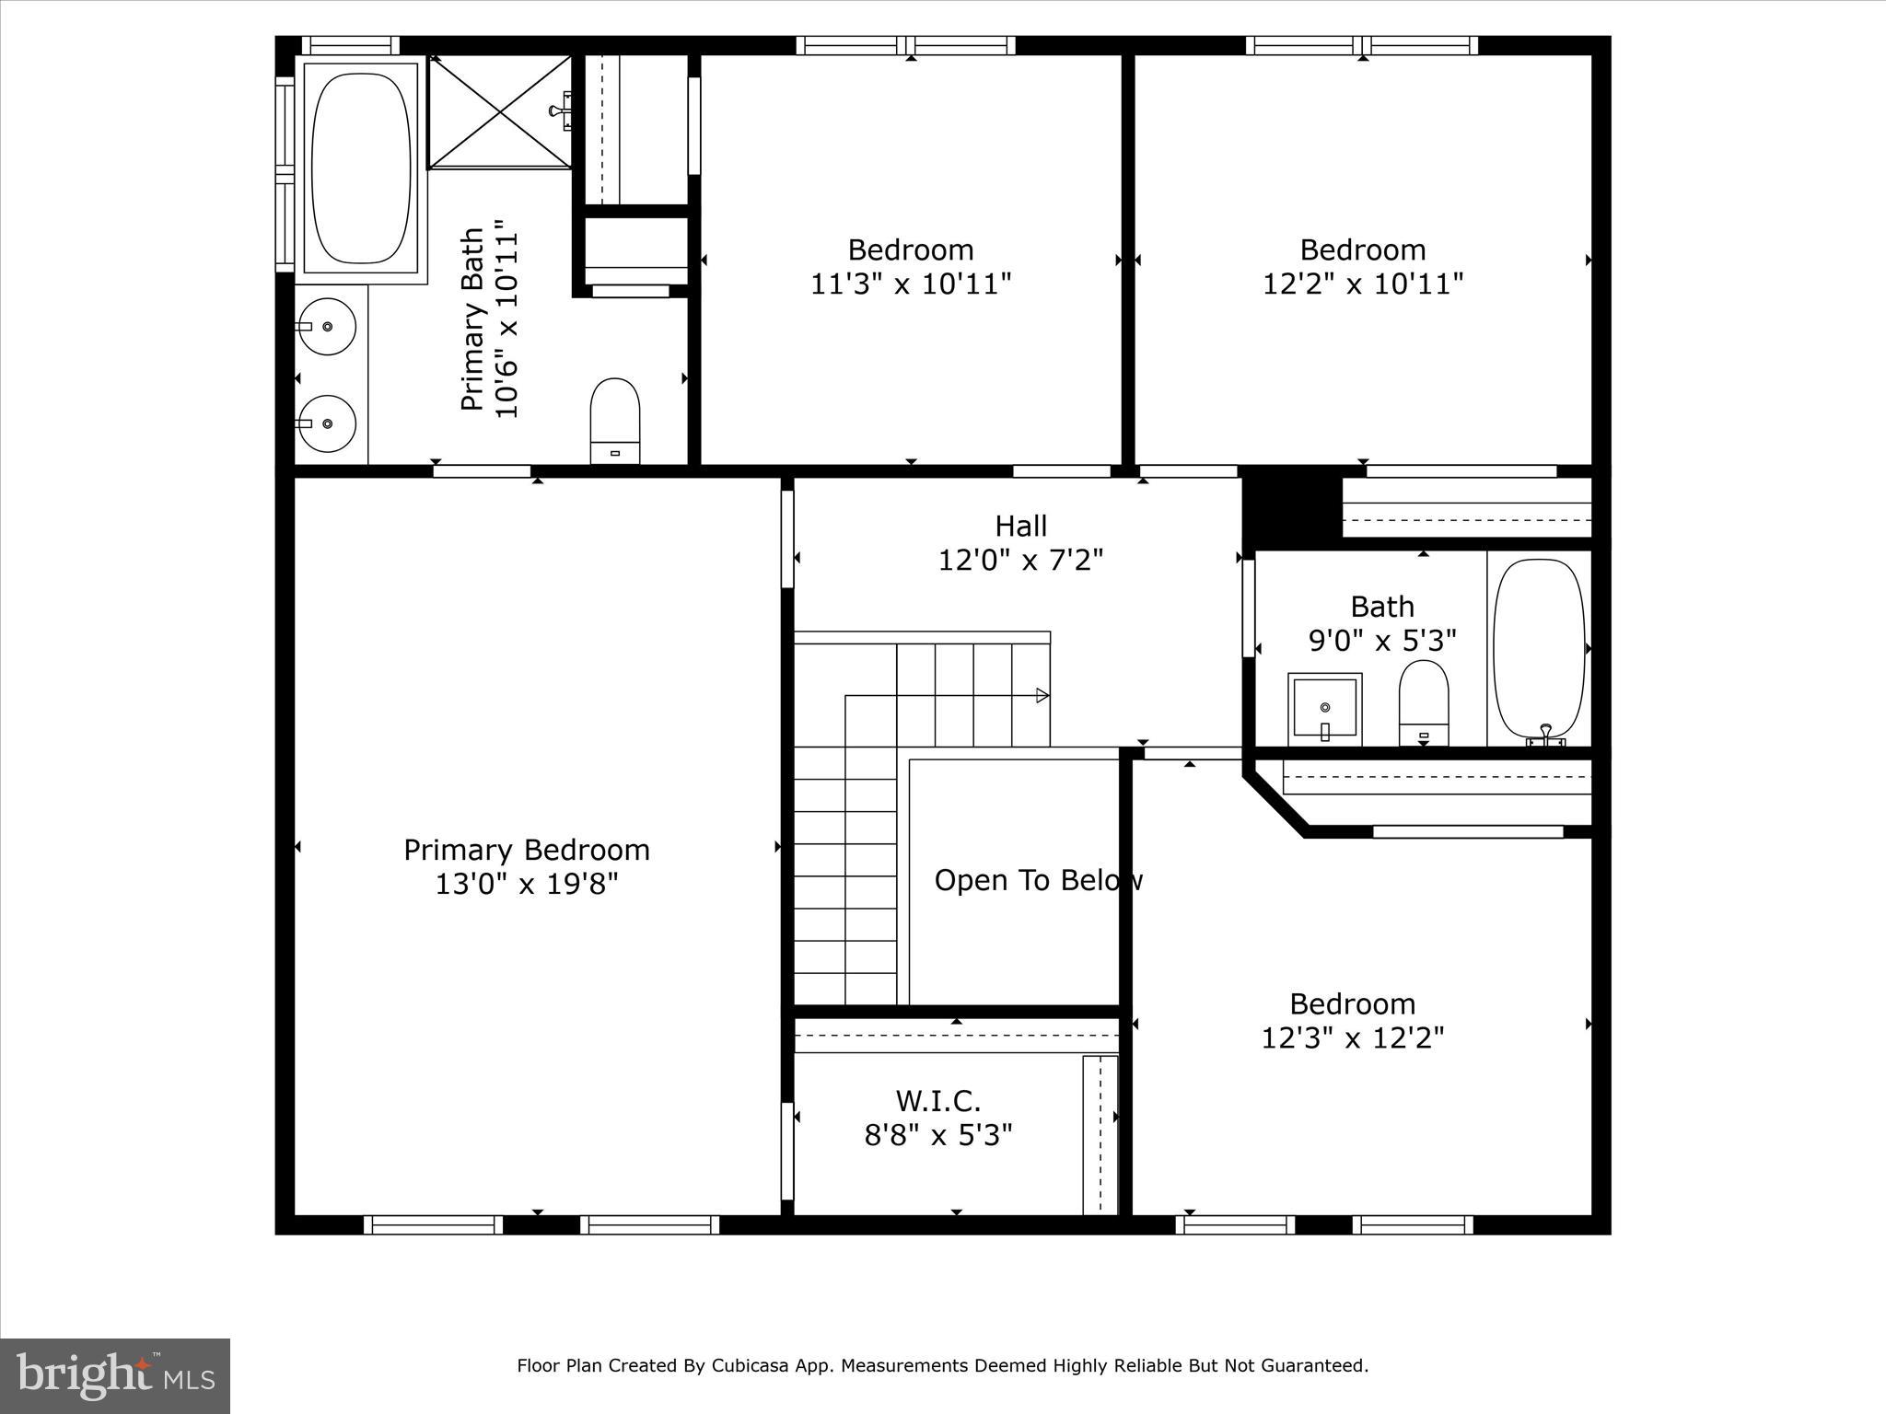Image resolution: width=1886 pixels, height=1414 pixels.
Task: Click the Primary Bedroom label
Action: [527, 850]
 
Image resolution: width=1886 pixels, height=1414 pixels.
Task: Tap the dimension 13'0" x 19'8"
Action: [527, 885]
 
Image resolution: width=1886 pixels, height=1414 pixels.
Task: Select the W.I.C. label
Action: [937, 1101]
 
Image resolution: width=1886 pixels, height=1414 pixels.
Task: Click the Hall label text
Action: [1020, 527]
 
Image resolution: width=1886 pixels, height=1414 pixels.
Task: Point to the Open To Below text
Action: [1038, 881]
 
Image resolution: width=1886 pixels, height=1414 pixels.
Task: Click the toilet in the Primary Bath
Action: [614, 420]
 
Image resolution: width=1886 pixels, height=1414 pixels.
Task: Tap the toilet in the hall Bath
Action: [1423, 702]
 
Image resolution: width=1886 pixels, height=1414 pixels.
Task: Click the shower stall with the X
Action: [500, 112]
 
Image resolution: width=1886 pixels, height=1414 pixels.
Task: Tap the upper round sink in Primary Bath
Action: [327, 326]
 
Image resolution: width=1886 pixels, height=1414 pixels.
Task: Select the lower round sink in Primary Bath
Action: [327, 423]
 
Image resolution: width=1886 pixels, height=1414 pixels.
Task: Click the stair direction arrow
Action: [1042, 695]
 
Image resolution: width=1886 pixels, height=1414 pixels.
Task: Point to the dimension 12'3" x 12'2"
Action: [1352, 1038]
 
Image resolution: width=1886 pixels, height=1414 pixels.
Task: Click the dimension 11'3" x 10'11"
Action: [910, 284]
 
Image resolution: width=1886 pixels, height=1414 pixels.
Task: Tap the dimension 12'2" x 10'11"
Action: [1362, 284]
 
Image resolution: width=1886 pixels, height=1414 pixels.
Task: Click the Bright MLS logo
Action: [115, 1375]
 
